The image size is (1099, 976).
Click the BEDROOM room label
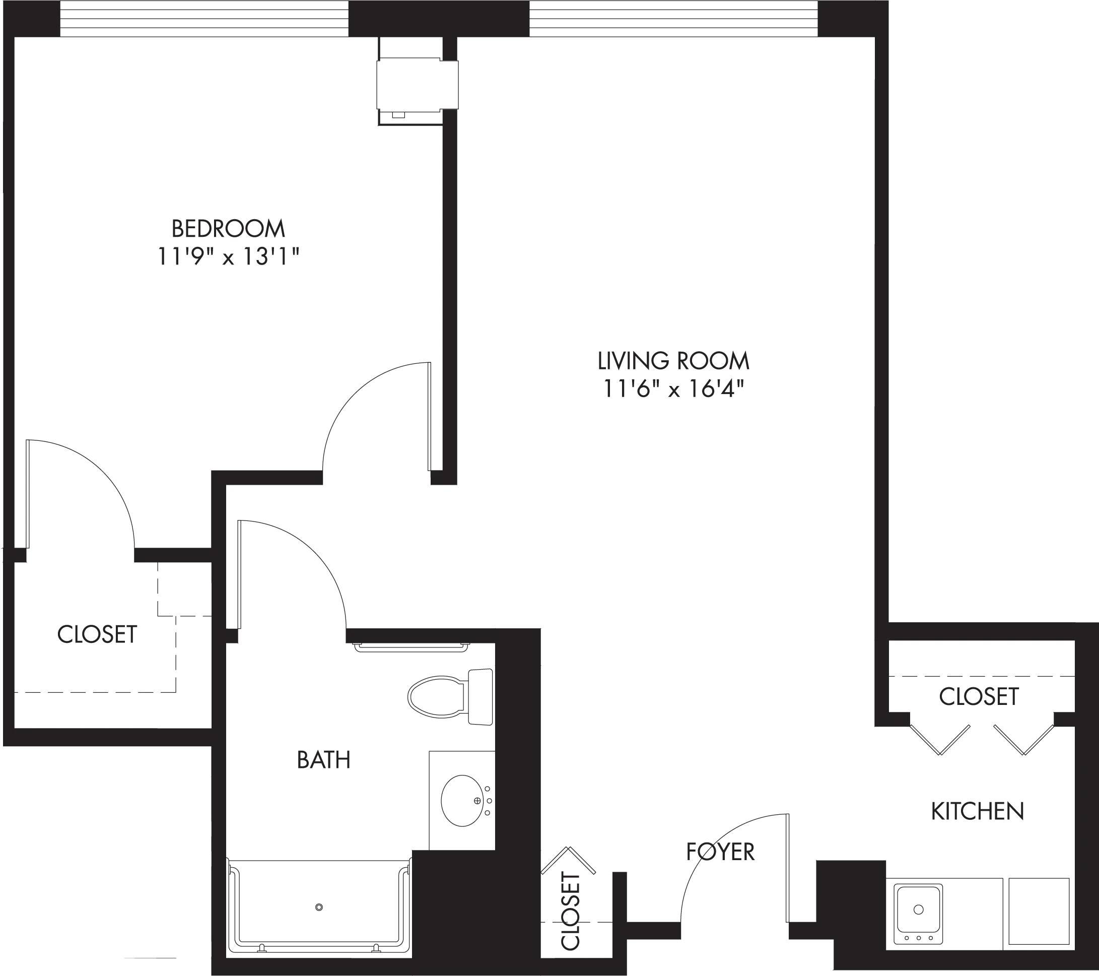[x=228, y=229]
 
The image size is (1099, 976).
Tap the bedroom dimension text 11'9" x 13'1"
[x=228, y=256]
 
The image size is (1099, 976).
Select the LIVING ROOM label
[x=674, y=360]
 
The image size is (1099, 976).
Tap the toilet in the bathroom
[x=451, y=697]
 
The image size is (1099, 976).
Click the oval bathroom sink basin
[x=462, y=801]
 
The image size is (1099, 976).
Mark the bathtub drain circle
[x=319, y=907]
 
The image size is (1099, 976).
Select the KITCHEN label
[x=978, y=811]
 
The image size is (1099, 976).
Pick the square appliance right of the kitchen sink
[x=1039, y=911]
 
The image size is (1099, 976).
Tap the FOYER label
[x=720, y=852]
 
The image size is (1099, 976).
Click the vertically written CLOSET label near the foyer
[x=571, y=912]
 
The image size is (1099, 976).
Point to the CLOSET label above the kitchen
[x=979, y=696]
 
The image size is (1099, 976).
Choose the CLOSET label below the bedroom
[x=97, y=634]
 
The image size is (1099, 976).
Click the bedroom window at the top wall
[x=204, y=19]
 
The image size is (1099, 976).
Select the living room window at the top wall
[x=674, y=19]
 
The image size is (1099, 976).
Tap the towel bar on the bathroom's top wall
[x=412, y=647]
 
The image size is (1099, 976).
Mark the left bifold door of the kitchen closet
[x=940, y=740]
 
